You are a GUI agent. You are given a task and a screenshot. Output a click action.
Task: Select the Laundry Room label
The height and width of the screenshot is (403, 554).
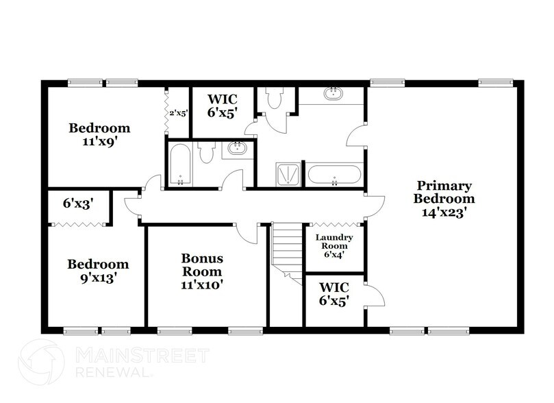click(x=334, y=245)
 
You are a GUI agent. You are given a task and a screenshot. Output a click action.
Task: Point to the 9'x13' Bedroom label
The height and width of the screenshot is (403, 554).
click(x=97, y=271)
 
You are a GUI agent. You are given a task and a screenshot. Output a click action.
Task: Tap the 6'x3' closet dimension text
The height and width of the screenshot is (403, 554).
click(x=77, y=204)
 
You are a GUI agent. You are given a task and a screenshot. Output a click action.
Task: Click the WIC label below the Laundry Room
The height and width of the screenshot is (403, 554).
click(x=334, y=292)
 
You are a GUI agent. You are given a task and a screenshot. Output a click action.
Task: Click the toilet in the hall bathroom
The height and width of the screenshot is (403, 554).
click(x=207, y=152)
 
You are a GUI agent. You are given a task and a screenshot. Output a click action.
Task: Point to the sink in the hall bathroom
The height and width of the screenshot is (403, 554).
click(x=238, y=148)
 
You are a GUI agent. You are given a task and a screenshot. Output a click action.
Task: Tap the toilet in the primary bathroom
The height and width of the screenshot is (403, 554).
click(x=275, y=100)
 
